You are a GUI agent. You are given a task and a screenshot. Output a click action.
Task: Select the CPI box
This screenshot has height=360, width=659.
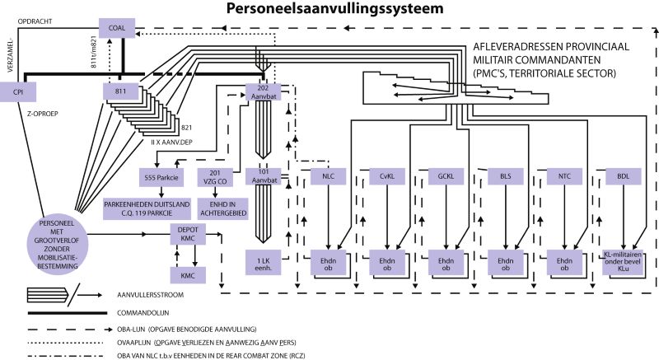tap(17, 93)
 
